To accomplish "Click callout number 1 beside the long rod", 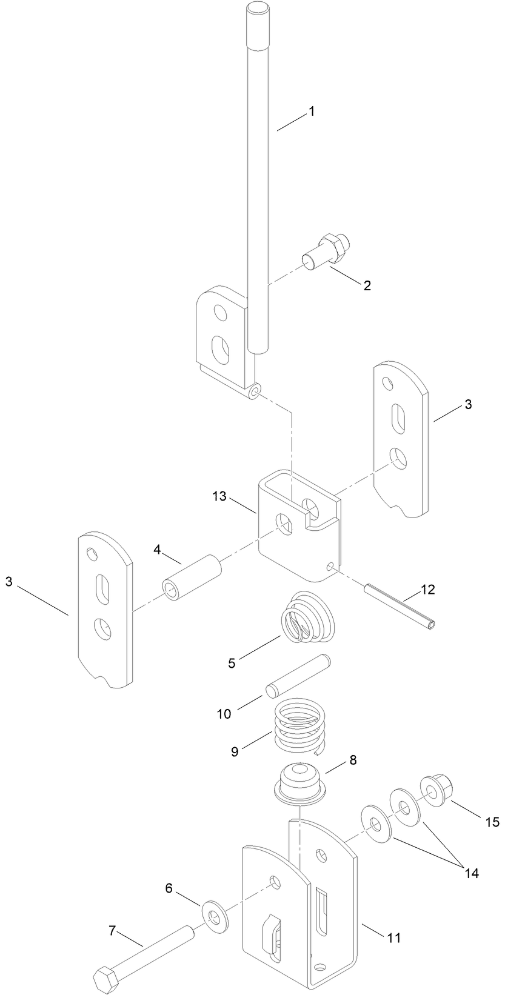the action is point(312,111).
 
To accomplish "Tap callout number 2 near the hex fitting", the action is point(367,285).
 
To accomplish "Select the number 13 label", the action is point(219,496).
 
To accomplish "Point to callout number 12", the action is point(428,590).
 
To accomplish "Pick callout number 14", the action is point(472,873).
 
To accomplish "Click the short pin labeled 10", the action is point(298,676).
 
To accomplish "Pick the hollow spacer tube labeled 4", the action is point(192,577).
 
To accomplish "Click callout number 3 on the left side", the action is point(9,582).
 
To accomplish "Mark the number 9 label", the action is point(235,751).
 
